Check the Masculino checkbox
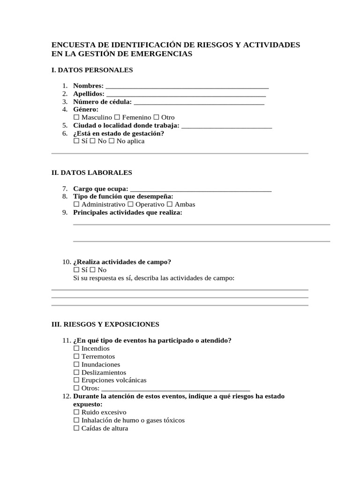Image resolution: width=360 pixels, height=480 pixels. tap(76, 118)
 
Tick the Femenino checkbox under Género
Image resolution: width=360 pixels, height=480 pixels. tap(117, 118)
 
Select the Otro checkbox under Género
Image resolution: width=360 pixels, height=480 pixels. tap(157, 118)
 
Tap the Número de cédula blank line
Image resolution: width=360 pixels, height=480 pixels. tap(199, 103)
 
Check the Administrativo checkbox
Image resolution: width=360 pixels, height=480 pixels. tap(76, 205)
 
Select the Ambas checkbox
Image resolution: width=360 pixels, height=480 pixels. tap(170, 205)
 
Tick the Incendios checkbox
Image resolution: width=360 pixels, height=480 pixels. tap(76, 349)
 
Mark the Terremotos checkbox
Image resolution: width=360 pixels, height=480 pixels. tap(76, 357)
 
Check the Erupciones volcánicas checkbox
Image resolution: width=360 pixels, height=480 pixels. tap(76, 381)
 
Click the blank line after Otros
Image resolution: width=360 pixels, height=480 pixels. tap(176, 389)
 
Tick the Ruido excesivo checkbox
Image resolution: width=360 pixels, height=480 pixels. tap(76, 412)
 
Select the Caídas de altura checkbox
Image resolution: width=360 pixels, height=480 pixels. tap(76, 428)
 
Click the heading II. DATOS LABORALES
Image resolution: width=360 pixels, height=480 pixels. tap(91, 173)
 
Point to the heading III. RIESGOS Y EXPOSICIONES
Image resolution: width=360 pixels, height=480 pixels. tap(105, 324)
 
